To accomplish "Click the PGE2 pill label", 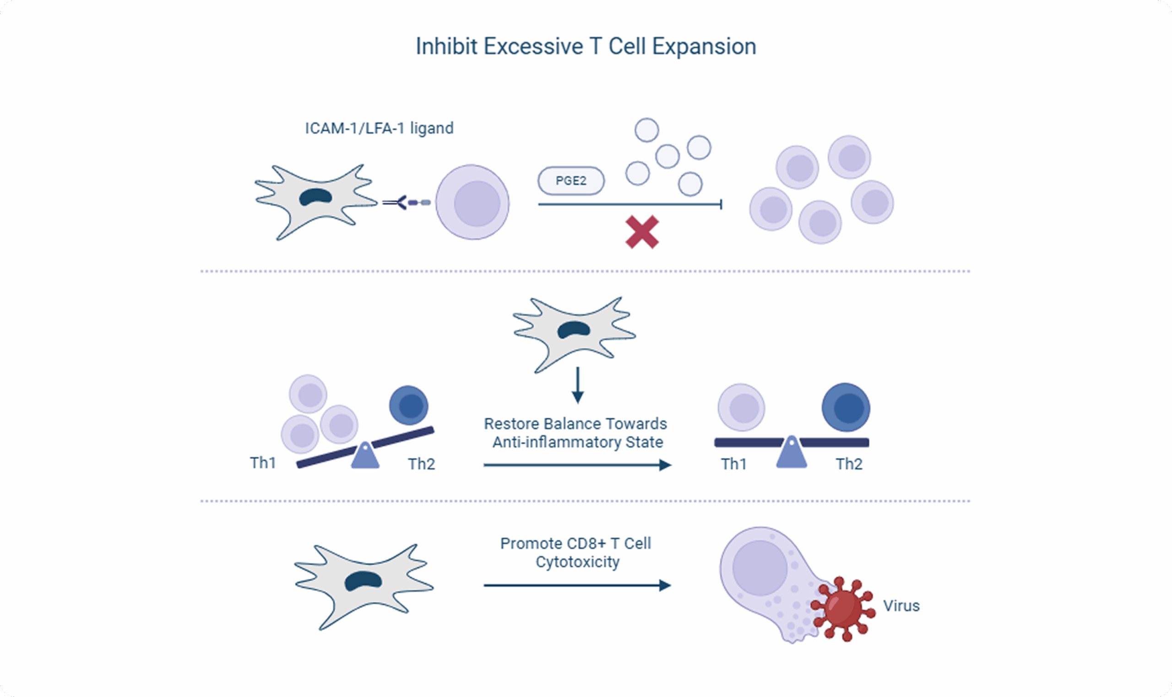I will pos(570,181).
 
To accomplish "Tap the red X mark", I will pos(642,232).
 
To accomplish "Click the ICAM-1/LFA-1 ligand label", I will pos(379,128).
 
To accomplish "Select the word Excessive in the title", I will pos(533,47).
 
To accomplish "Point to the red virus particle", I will pos(843,608).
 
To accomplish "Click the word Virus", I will pos(901,606).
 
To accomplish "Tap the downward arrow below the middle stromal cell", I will pos(578,385).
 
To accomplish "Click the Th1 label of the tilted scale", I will pos(262,463).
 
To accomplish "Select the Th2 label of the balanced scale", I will pos(849,464).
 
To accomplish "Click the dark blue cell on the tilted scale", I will pos(408,405).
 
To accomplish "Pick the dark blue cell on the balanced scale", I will pos(846,407).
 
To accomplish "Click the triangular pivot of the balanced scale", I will pos(791,453).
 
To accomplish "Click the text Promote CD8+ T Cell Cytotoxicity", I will pos(575,553).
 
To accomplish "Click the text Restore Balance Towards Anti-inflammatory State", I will pos(575,433).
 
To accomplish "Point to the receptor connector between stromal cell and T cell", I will pos(406,202).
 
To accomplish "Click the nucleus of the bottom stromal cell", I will pos(363,582).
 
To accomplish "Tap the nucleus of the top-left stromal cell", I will pos(316,197).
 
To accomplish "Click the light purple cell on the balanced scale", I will pos(741,407).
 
